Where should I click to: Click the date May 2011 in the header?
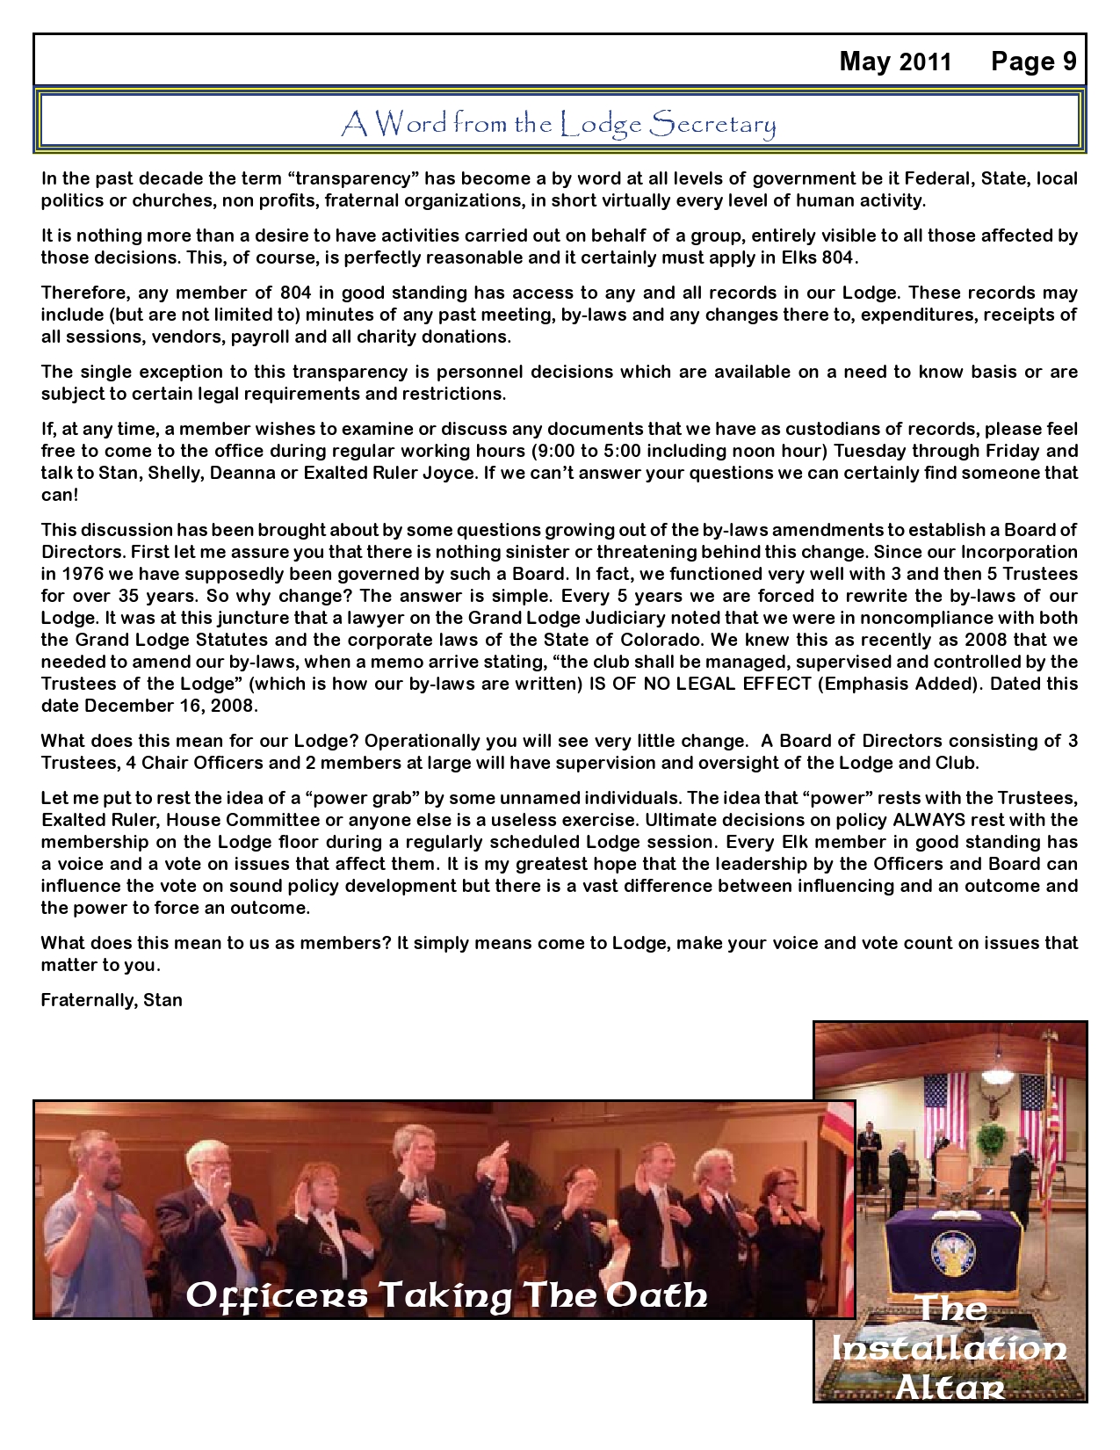[x=895, y=62]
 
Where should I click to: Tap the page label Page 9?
[x=1034, y=62]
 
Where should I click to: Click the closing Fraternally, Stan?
[x=112, y=1000]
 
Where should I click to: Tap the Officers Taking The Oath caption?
[x=446, y=1294]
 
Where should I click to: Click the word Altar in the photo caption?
[x=949, y=1386]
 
